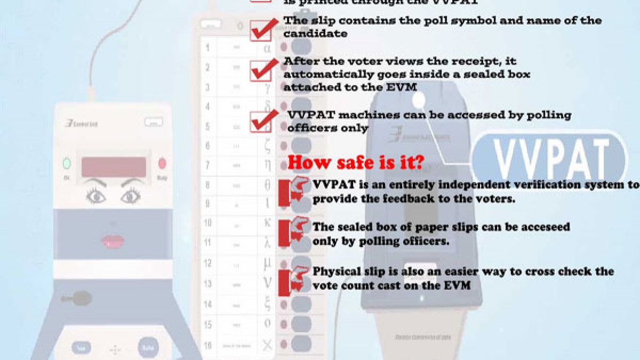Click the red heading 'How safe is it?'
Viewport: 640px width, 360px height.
tap(356, 162)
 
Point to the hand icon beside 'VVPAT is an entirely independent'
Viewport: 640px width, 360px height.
tap(295, 192)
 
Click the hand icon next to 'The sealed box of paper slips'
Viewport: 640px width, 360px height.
tap(295, 233)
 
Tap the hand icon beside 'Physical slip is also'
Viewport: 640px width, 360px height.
tap(295, 278)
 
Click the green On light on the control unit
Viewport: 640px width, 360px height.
tap(67, 163)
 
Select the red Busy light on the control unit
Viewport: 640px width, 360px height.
tap(162, 163)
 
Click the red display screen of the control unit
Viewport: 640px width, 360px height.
tap(113, 166)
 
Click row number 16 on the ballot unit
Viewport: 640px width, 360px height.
tap(209, 345)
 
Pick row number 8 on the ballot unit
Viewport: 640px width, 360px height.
tap(207, 185)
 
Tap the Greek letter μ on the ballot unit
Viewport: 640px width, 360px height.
tap(268, 263)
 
